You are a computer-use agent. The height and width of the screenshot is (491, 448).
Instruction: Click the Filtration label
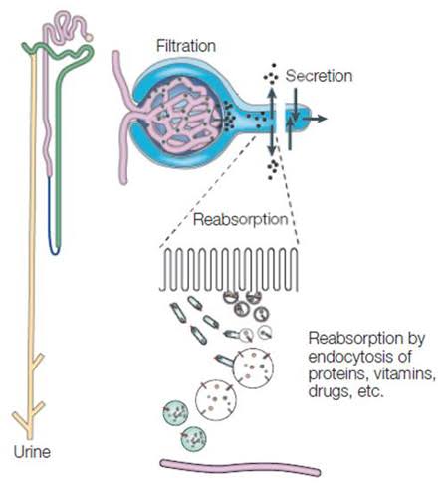(186, 47)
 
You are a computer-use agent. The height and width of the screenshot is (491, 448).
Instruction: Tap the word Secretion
(319, 76)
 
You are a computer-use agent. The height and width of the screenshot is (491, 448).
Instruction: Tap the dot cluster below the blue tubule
(271, 167)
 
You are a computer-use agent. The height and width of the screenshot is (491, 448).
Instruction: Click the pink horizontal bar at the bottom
(240, 466)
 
